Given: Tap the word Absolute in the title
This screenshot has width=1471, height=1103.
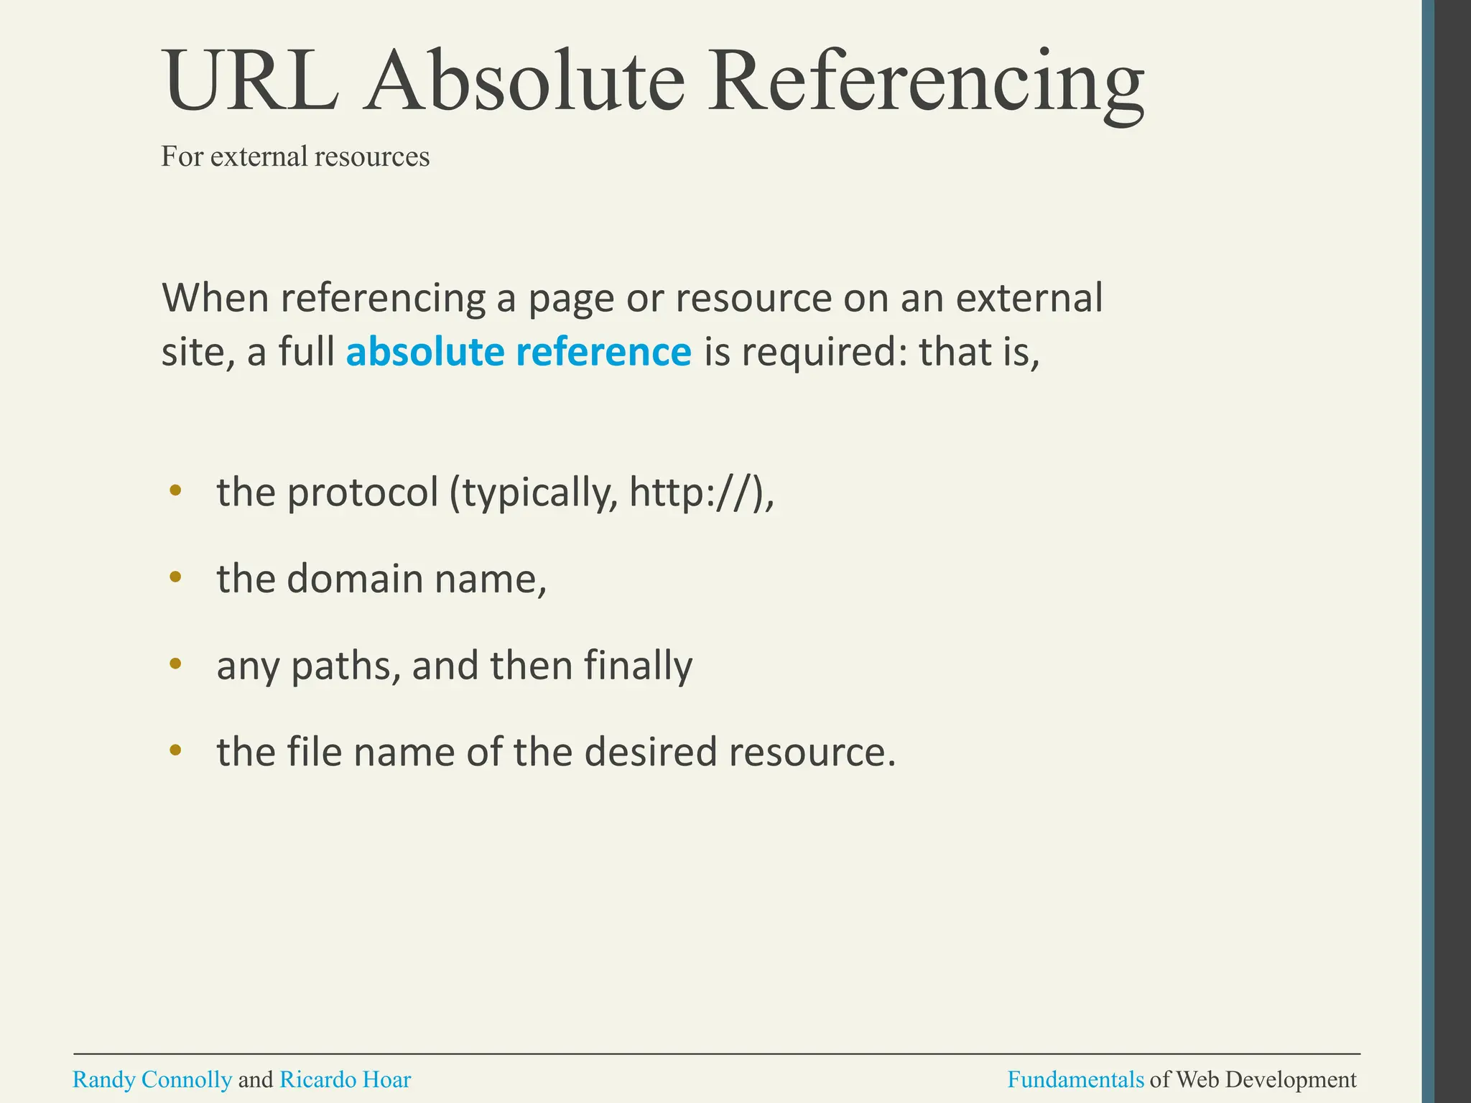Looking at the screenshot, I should click(524, 80).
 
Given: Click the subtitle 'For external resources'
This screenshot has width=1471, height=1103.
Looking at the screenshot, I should click(295, 157).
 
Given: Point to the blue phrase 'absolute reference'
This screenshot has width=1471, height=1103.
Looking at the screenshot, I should click(519, 352).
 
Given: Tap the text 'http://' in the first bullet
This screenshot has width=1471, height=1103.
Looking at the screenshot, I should click(694, 493).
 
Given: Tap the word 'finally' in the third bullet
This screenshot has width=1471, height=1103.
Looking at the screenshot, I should click(638, 666).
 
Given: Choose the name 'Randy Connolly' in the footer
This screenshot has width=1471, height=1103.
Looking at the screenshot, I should click(152, 1080).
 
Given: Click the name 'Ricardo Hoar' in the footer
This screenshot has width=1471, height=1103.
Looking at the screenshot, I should click(345, 1080).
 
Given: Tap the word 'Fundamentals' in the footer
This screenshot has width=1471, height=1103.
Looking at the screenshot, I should click(1075, 1080).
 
